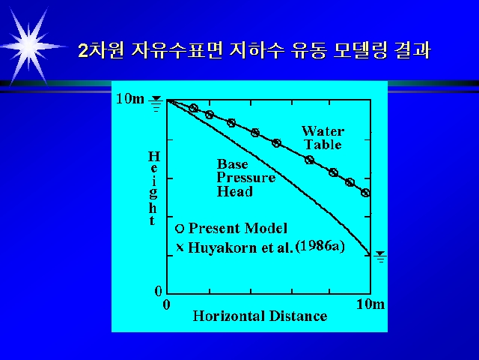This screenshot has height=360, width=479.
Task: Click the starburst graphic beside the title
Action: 29,46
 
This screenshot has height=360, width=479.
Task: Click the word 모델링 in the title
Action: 360,50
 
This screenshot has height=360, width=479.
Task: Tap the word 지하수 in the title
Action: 257,50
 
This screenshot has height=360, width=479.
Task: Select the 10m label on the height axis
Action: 130,98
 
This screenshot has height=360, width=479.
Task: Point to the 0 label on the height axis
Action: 158,291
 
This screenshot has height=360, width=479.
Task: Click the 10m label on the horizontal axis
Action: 370,304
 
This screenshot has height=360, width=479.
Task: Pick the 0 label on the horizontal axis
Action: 166,304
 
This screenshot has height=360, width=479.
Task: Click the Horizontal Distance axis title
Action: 260,316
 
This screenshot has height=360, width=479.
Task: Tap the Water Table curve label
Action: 323,138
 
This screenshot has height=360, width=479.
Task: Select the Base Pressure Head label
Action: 246,178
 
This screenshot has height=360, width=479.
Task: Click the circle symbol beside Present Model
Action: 180,228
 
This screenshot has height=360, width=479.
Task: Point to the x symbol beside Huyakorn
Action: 180,247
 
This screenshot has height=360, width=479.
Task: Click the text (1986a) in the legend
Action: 320,247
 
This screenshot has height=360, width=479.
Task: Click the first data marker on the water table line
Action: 194,108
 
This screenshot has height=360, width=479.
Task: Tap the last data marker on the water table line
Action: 365,193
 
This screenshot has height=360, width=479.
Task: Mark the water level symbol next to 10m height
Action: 156,103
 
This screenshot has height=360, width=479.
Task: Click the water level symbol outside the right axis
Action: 380,256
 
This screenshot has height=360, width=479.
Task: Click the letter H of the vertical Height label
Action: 154,157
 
